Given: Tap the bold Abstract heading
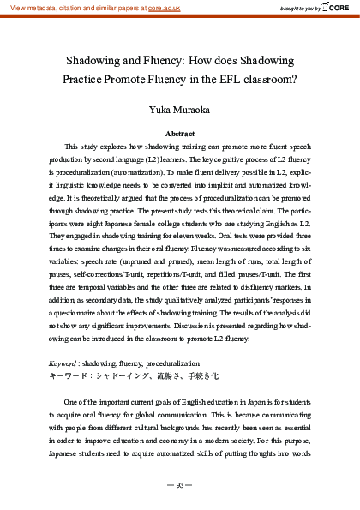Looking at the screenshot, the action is [x=180, y=135].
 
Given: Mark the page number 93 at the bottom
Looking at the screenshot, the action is [x=180, y=485].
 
